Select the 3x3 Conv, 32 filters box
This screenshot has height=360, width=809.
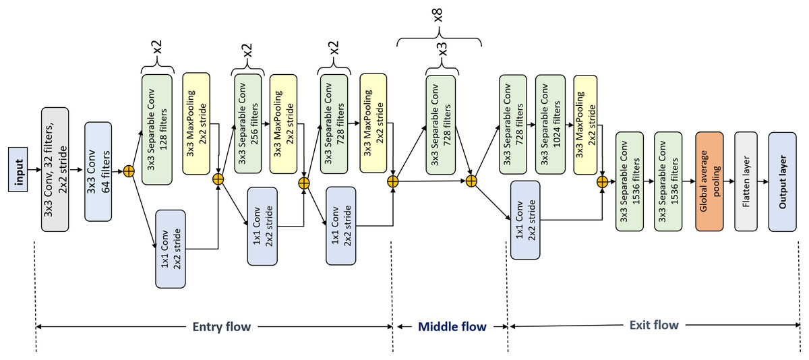[55, 169]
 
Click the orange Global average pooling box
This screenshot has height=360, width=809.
[710, 181]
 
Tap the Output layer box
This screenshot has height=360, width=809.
[783, 181]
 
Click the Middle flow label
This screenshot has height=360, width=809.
[452, 327]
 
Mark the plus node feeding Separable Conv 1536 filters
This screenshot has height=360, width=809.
[602, 181]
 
